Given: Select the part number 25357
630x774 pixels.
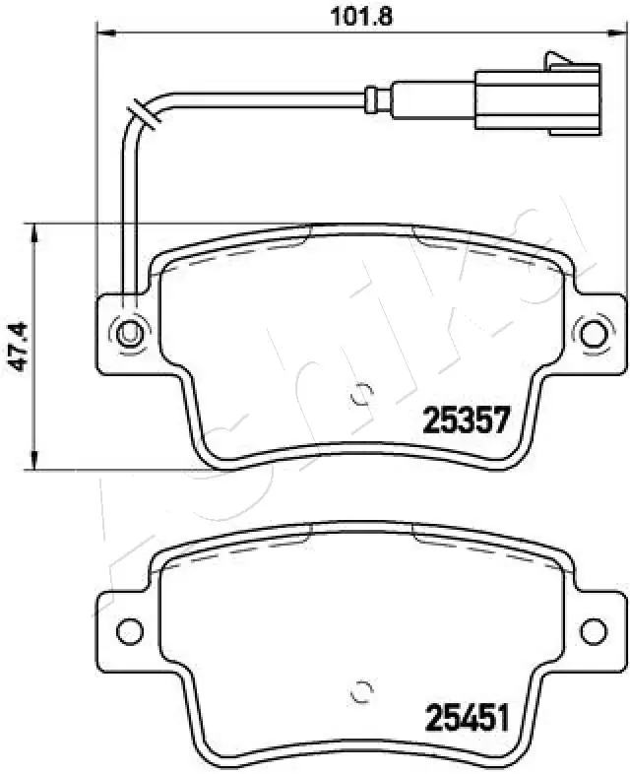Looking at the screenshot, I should (465, 421).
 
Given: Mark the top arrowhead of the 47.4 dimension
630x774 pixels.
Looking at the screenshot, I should (36, 231).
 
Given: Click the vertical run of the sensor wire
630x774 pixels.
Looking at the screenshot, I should (126, 217).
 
